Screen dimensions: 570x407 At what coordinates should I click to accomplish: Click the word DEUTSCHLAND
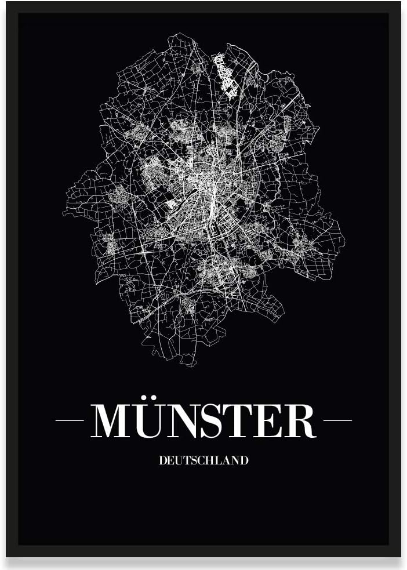point(203,461)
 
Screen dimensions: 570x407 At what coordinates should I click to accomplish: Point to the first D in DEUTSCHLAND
point(162,461)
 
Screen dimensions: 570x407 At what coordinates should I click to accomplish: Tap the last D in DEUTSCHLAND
point(244,461)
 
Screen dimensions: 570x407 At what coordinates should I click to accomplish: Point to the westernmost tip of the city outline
point(63,213)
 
